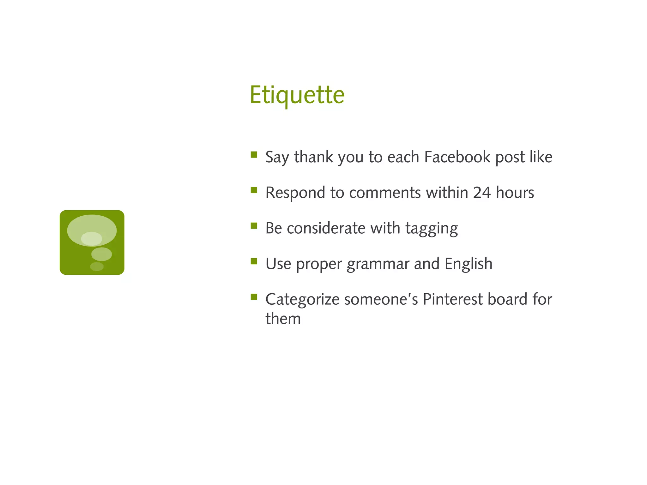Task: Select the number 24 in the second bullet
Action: (481, 193)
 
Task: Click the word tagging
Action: (432, 228)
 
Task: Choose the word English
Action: (468, 264)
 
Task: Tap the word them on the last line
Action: (283, 319)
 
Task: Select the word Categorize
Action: (302, 300)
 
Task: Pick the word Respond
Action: (295, 193)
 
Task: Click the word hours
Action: (515, 193)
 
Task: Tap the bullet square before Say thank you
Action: (254, 155)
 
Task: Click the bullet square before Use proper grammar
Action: (254, 261)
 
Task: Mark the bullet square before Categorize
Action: (254, 297)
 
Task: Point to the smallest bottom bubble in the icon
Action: (97, 266)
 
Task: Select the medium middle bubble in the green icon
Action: (101, 254)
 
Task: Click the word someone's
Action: (381, 299)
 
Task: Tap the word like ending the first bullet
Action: (541, 157)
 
